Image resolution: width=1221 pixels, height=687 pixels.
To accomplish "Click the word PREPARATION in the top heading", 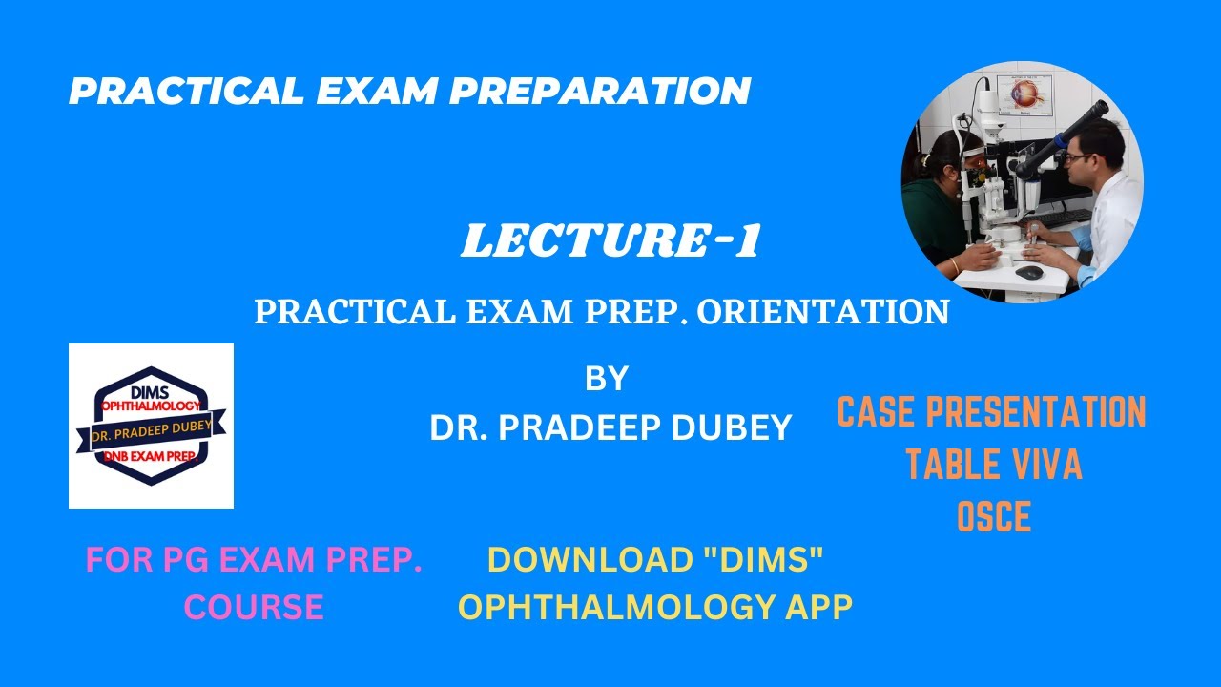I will point(599,92).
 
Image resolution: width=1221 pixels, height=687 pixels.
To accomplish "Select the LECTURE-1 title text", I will point(610,242).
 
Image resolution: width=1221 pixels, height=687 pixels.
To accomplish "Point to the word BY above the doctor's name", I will point(607,379).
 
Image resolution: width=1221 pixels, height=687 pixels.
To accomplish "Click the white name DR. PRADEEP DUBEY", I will point(610,427).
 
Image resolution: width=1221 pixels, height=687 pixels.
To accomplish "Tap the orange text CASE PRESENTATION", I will point(991,412).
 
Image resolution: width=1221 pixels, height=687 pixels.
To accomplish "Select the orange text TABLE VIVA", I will point(993,465).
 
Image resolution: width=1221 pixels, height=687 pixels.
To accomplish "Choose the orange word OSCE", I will point(994,517).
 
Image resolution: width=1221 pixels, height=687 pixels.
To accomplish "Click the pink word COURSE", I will point(254,607).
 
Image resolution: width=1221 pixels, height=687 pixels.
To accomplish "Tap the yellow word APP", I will point(814,607).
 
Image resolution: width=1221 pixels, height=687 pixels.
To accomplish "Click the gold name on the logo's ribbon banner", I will point(151,429).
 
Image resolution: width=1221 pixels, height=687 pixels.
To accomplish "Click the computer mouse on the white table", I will point(1028,272).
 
